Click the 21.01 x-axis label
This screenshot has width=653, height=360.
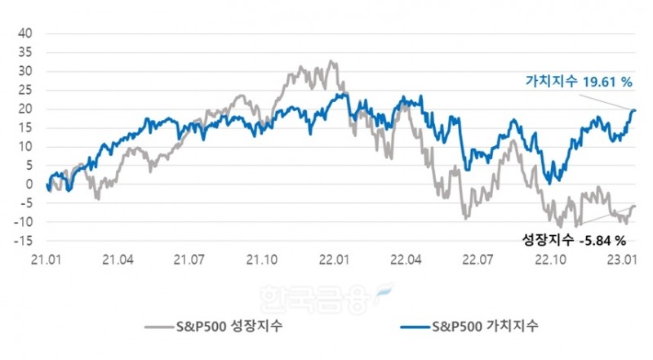click(44, 260)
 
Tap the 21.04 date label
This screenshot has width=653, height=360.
click(118, 260)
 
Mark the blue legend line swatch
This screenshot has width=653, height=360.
click(415, 327)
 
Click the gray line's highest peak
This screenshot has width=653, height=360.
click(329, 60)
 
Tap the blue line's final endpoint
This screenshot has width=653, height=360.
click(635, 110)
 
